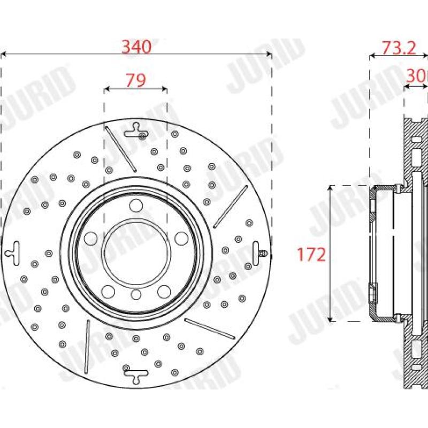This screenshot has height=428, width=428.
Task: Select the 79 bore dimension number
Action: click(x=135, y=80)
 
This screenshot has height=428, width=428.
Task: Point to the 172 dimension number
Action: click(x=311, y=255)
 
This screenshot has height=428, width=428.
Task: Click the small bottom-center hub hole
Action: click(x=136, y=294)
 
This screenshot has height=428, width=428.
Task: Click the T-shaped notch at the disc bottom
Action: click(x=136, y=374)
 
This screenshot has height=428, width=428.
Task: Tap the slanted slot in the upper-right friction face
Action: click(x=231, y=205)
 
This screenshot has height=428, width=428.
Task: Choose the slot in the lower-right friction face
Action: click(x=209, y=328)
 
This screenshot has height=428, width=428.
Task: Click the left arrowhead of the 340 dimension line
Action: click(x=3, y=54)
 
